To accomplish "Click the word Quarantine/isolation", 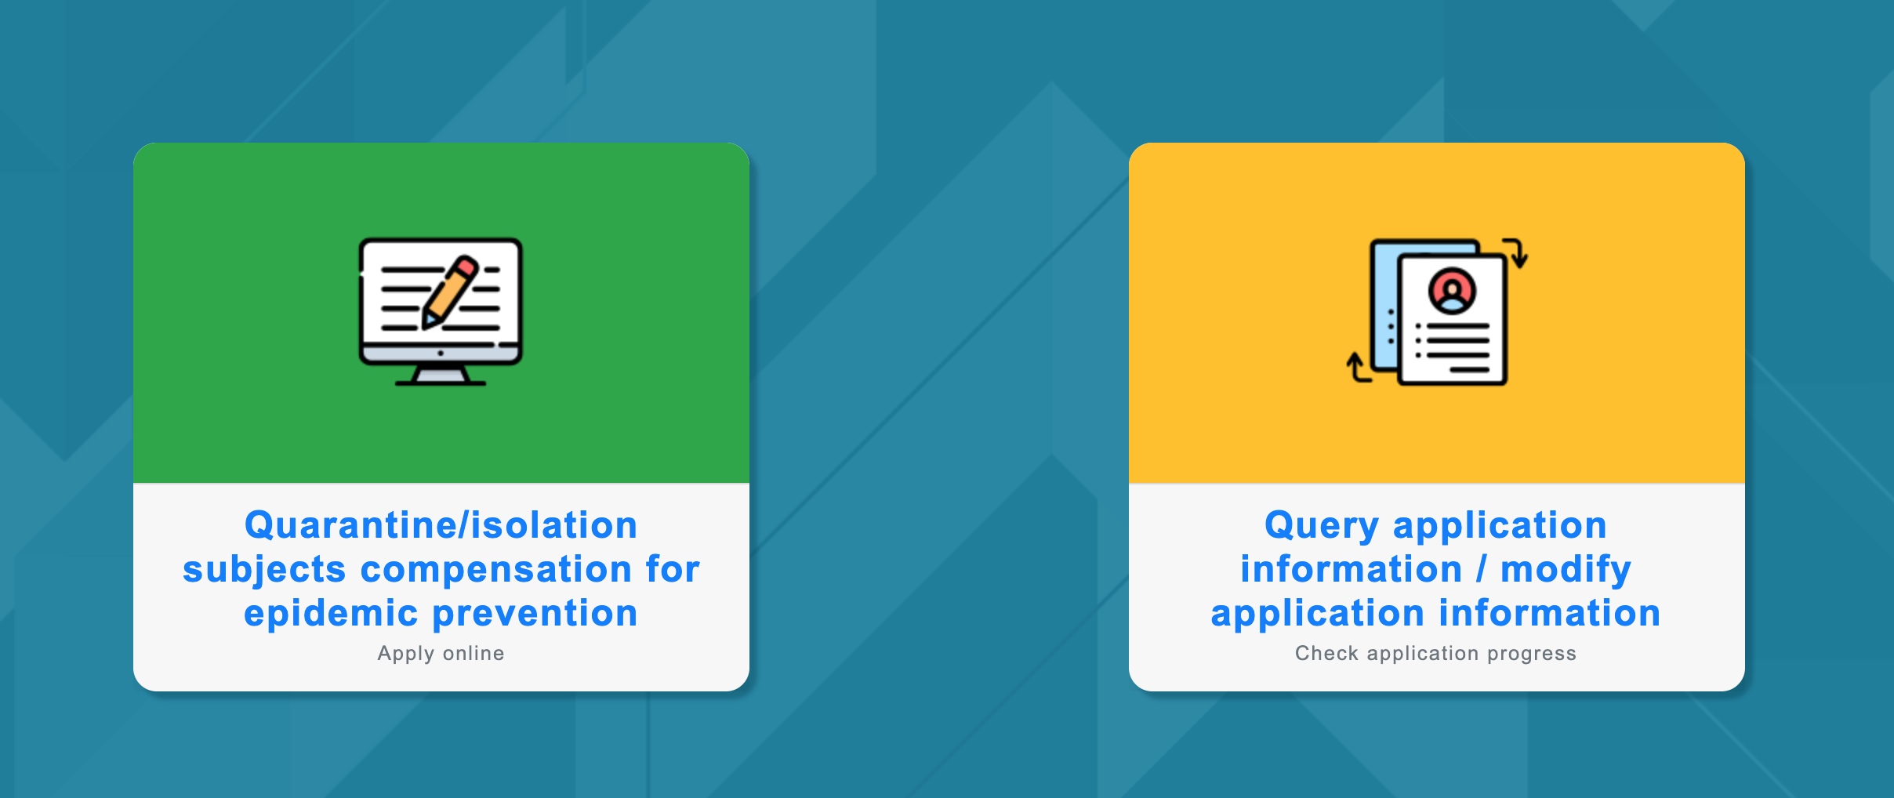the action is click(x=441, y=524).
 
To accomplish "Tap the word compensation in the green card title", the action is click(x=496, y=570).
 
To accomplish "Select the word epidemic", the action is click(x=331, y=614).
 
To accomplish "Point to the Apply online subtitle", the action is click(x=441, y=653).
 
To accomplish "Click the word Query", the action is click(x=1322, y=526).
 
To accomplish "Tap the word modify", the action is click(x=1566, y=570).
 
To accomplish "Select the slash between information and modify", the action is click(x=1481, y=568).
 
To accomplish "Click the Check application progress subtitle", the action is click(x=1435, y=653).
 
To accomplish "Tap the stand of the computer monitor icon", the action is click(x=441, y=375).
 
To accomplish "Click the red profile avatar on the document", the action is click(x=1453, y=291).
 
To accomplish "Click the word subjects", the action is click(x=264, y=570).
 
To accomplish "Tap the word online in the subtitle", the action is click(x=473, y=653).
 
